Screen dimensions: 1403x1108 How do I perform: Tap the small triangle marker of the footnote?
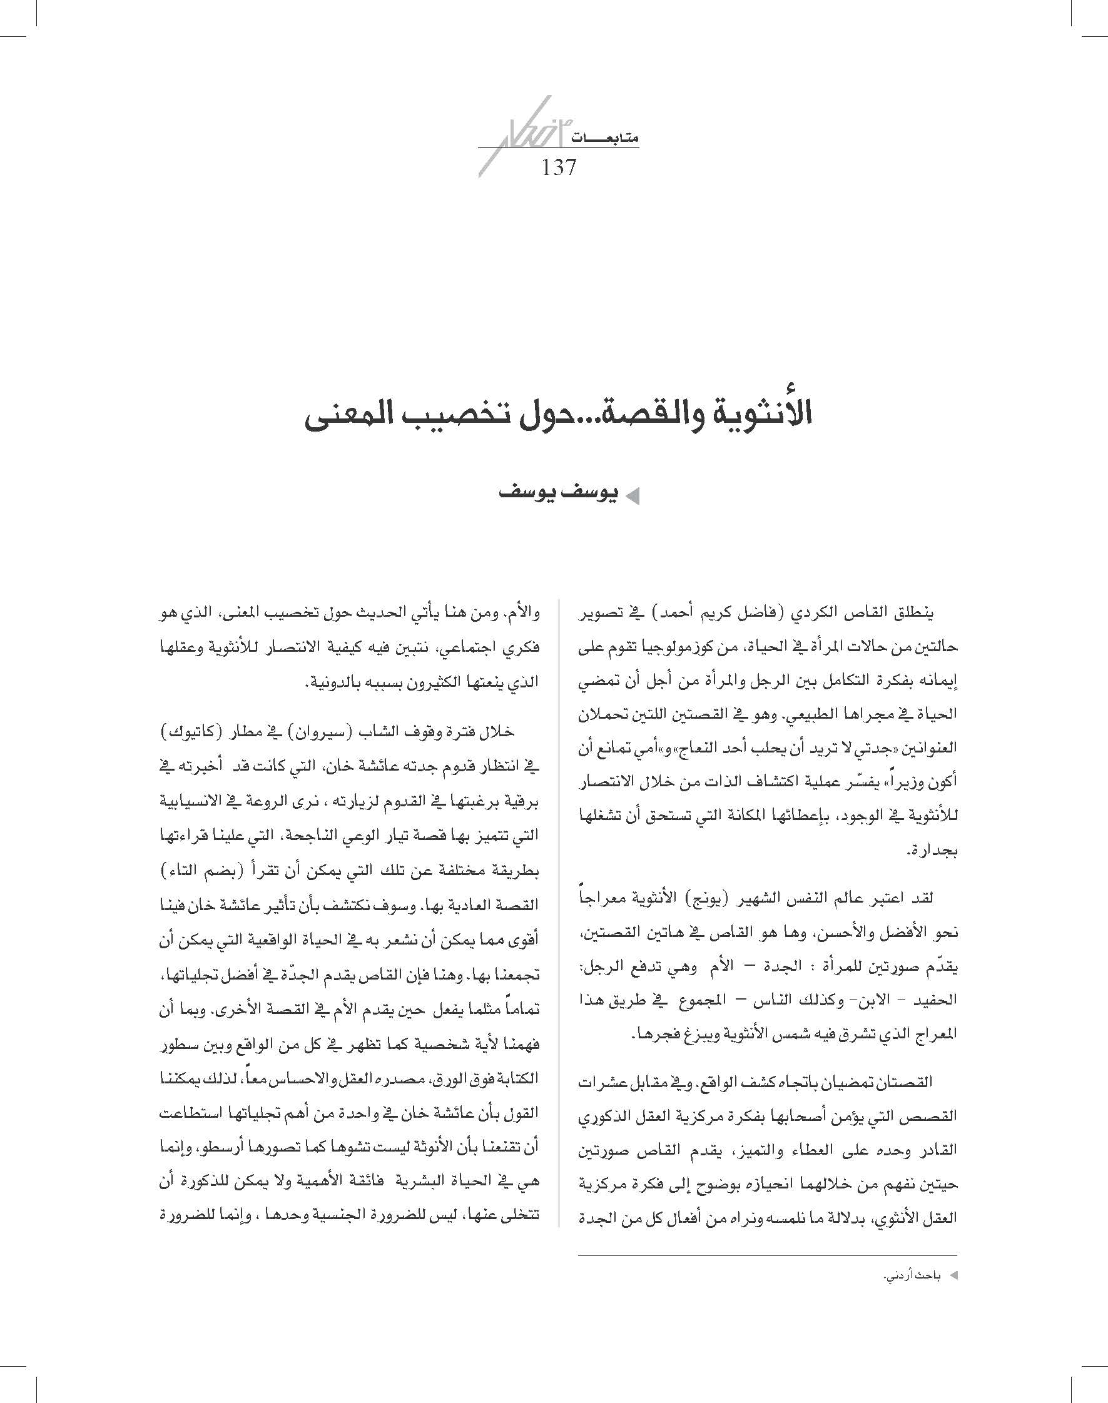coord(953,1276)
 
